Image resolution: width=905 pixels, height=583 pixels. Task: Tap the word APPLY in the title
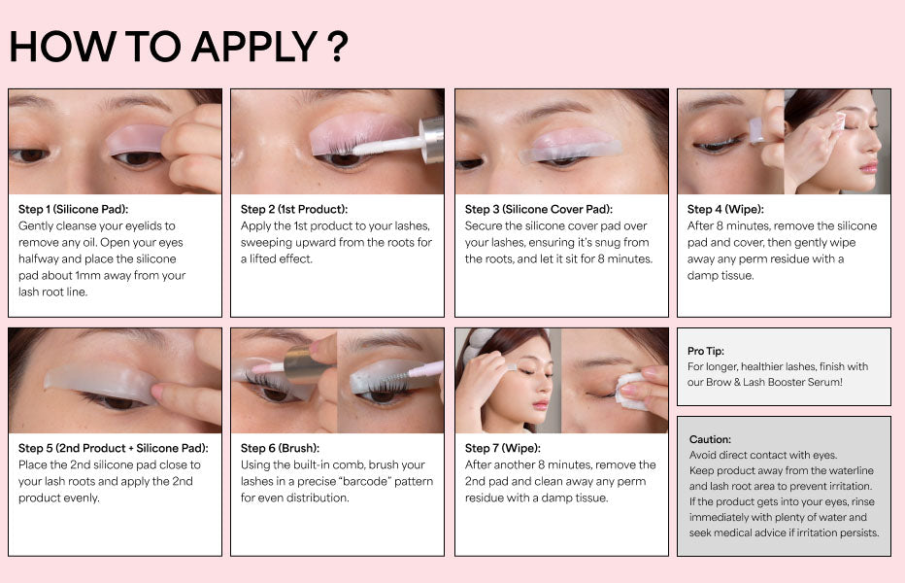pyautogui.click(x=254, y=47)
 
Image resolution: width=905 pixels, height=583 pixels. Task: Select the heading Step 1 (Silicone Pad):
pyautogui.click(x=73, y=209)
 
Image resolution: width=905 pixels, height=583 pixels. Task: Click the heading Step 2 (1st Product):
pyautogui.click(x=294, y=209)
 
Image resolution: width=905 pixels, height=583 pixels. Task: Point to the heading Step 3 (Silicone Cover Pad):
pyautogui.click(x=539, y=209)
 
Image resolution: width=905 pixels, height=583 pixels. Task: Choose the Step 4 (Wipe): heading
pyautogui.click(x=725, y=209)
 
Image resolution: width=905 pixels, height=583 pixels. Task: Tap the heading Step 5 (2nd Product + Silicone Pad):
pyautogui.click(x=113, y=448)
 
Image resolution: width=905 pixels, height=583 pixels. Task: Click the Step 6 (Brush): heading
pyautogui.click(x=280, y=448)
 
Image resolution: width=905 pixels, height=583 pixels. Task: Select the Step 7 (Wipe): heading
pyautogui.click(x=503, y=448)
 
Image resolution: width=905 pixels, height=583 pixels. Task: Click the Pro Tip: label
pyautogui.click(x=705, y=351)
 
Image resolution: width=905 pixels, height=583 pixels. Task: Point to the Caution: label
pyautogui.click(x=710, y=439)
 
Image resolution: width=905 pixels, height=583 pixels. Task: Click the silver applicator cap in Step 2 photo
pyautogui.click(x=432, y=139)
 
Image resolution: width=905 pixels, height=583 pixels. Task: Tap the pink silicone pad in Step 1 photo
pyautogui.click(x=137, y=139)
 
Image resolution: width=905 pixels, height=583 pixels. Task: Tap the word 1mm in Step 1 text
pyautogui.click(x=87, y=276)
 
